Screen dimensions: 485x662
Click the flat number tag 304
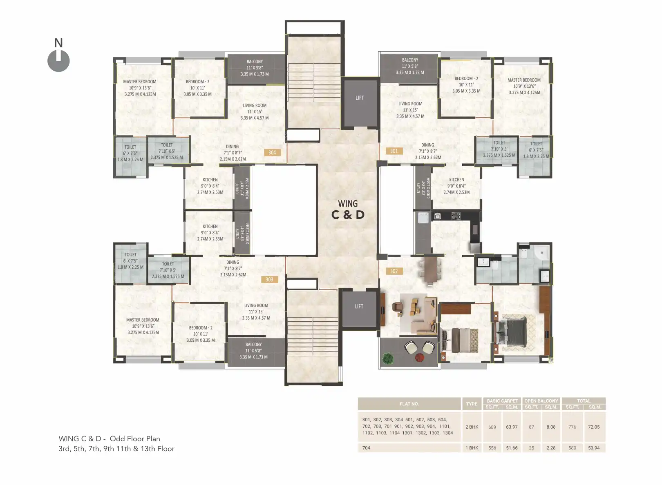pos(272,153)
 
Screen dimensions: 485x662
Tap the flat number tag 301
pos(394,151)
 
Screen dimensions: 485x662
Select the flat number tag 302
pos(394,271)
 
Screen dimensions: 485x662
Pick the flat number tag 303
pos(269,280)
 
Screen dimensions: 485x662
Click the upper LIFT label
pos(360,98)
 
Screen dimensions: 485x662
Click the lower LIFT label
pos(359,307)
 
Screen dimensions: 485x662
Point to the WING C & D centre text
pos(348,209)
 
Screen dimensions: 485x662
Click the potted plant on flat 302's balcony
pos(388,358)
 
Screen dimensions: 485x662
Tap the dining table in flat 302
pos(429,269)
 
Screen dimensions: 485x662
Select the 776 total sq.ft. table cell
pos(572,427)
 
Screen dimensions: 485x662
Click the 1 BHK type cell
pos(472,448)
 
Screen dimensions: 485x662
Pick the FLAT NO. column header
pos(409,404)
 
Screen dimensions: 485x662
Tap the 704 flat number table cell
pos(366,448)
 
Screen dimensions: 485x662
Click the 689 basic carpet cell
pos(492,427)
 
